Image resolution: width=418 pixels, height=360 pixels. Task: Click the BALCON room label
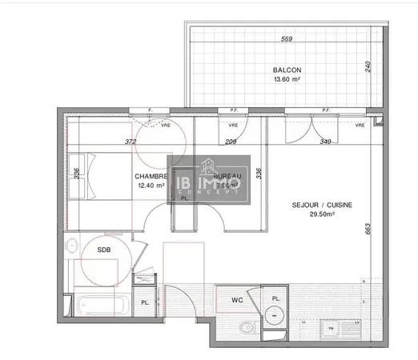pyautogui.click(x=286, y=70)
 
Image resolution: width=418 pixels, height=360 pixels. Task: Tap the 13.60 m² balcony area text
pyautogui.click(x=286, y=80)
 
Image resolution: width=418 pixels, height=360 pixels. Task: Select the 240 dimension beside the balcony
pyautogui.click(x=368, y=67)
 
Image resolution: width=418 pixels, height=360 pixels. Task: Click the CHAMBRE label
pyautogui.click(x=150, y=177)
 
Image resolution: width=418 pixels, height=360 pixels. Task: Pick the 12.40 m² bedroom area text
pyautogui.click(x=151, y=186)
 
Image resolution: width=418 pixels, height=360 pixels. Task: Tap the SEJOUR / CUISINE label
pyautogui.click(x=320, y=205)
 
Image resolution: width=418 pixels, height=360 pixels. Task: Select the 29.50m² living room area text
pyautogui.click(x=320, y=214)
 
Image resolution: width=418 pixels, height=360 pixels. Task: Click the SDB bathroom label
pyautogui.click(x=105, y=250)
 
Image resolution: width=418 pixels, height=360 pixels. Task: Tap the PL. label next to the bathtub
pyautogui.click(x=145, y=302)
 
